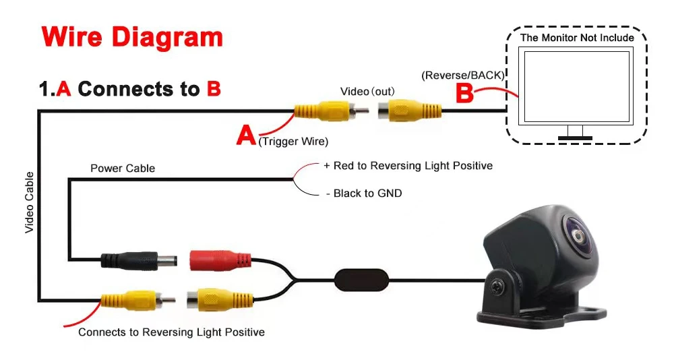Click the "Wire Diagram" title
[132, 37]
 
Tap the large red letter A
[246, 135]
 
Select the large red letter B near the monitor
[464, 94]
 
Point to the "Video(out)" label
[367, 91]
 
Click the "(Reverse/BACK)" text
[463, 75]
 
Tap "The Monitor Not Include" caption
[577, 38]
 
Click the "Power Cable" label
[123, 168]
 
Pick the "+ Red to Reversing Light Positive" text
[408, 166]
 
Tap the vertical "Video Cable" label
[30, 202]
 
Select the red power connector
[219, 260]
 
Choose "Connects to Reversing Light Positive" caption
[171, 332]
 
